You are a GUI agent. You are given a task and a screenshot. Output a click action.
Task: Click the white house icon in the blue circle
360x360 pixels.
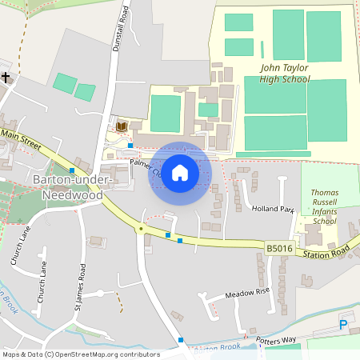(x=180, y=173)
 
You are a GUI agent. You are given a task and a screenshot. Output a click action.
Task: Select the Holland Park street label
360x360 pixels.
(x=274, y=210)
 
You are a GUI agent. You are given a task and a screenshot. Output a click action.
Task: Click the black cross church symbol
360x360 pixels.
(x=6, y=78)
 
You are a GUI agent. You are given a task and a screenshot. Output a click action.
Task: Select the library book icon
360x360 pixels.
(x=121, y=128)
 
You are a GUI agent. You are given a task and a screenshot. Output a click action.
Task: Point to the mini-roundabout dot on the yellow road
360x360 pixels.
(x=141, y=229)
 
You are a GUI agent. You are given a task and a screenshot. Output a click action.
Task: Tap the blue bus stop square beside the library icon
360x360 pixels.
(x=130, y=146)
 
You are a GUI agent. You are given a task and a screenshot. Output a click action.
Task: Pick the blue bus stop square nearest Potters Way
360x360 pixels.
(x=182, y=340)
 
